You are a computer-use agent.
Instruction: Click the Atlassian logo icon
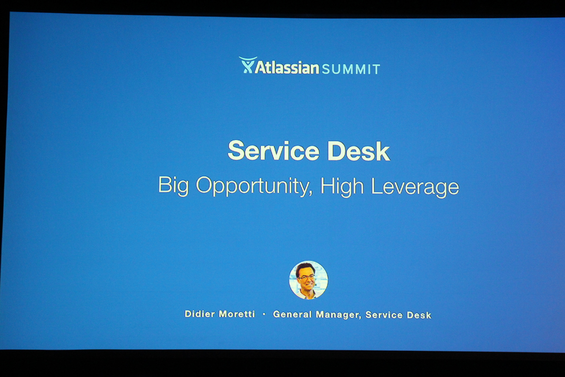[247, 65]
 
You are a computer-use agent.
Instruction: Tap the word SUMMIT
[351, 69]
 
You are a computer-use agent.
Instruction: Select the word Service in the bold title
[273, 151]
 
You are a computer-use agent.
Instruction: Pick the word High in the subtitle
[342, 186]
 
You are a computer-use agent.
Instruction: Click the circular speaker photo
[308, 280]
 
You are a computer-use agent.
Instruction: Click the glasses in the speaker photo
[306, 277]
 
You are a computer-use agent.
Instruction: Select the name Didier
[200, 314]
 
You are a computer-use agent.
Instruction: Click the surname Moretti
[237, 314]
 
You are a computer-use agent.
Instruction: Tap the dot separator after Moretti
[264, 314]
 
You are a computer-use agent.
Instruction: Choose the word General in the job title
[292, 315]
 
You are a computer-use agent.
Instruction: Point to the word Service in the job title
[384, 315]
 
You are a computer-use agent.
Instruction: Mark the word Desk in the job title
[419, 315]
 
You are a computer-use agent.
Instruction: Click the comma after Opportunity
[310, 193]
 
